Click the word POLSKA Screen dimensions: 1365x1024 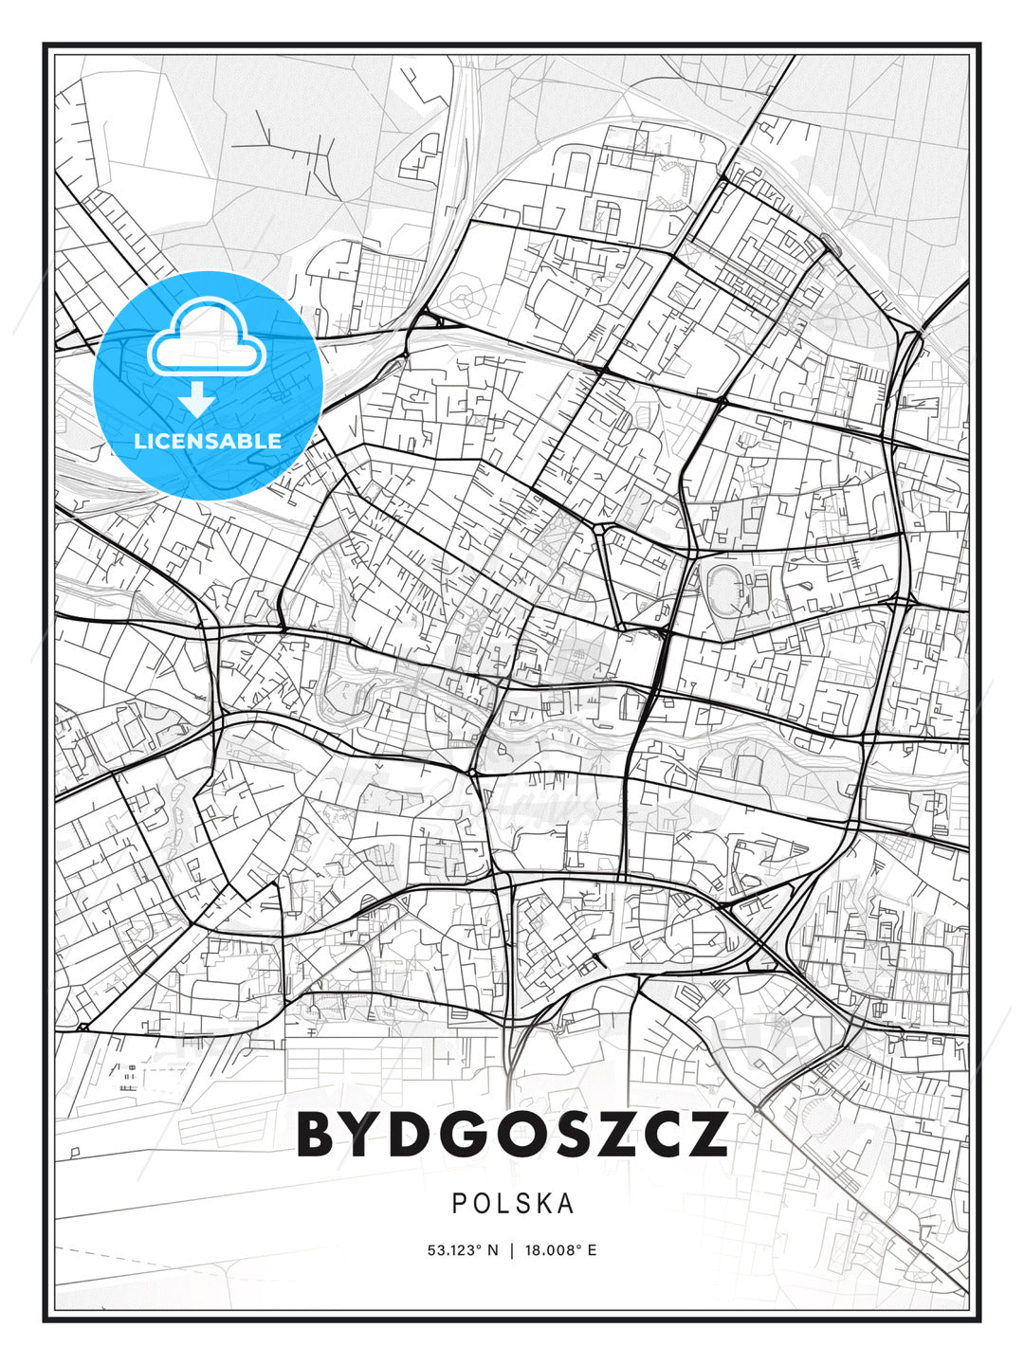coord(513,1204)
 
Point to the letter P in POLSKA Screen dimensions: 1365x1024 coord(459,1204)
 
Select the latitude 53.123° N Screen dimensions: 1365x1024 coord(463,1250)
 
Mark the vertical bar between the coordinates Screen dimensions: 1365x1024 coord(513,1250)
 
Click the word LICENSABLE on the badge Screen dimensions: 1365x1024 coord(209,441)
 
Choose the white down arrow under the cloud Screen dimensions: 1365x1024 coord(197,399)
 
